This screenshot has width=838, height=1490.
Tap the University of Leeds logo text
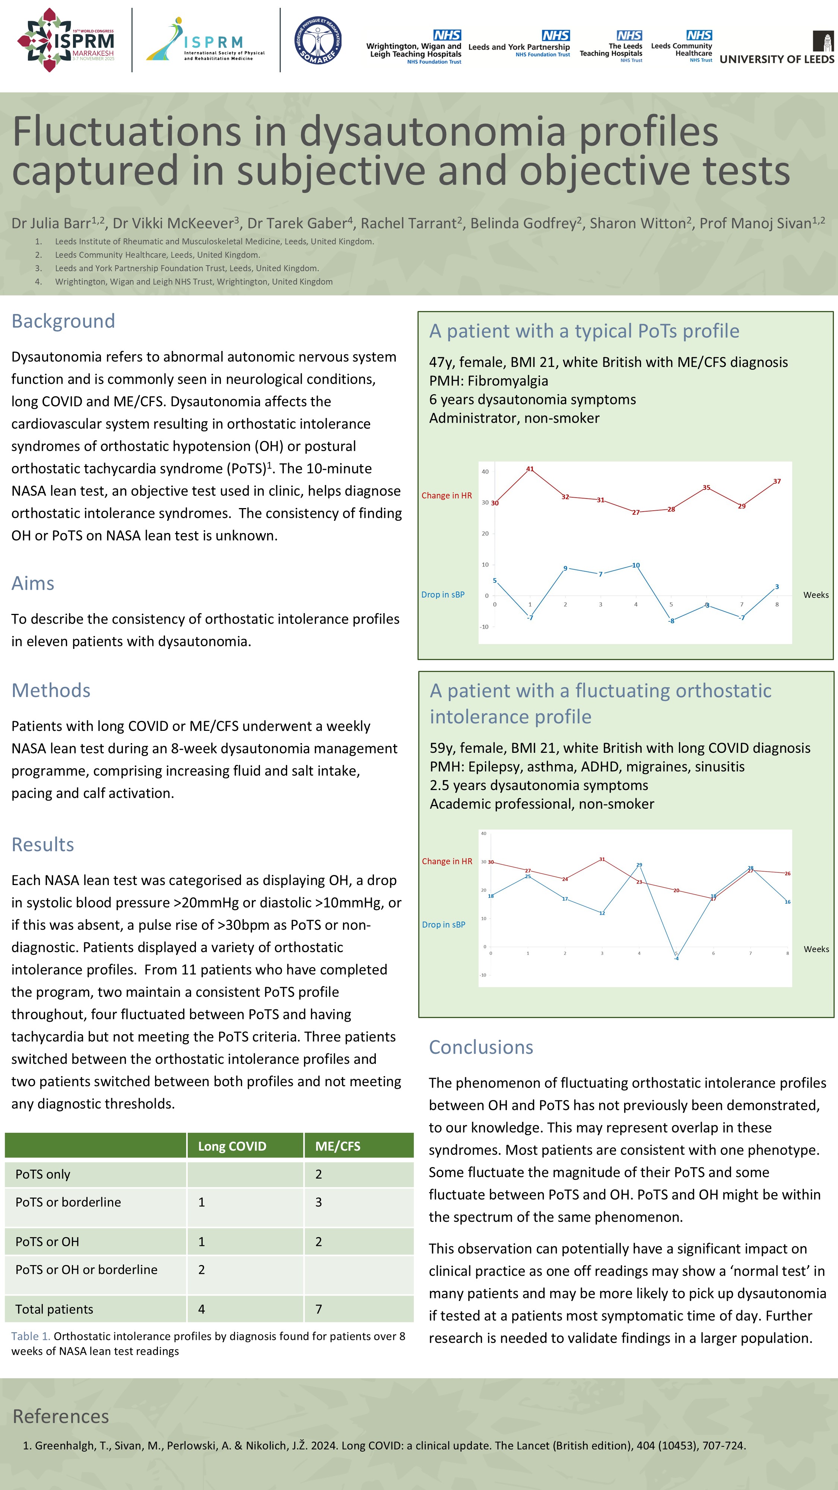[x=776, y=59]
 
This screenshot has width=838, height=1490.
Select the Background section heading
[x=63, y=321]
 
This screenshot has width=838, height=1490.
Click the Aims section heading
[x=33, y=583]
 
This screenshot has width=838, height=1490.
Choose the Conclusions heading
[x=480, y=1047]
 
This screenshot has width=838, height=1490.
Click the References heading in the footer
[x=61, y=1416]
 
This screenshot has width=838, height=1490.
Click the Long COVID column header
[x=232, y=1146]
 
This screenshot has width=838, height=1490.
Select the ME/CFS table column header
[x=338, y=1146]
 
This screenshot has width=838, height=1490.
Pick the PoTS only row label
[x=43, y=1174]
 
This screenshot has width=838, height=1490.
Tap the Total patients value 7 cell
[x=319, y=1309]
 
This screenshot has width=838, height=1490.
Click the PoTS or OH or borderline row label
[x=86, y=1269]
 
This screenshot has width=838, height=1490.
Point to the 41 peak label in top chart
[x=530, y=469]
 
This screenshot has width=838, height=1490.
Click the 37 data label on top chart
[x=777, y=481]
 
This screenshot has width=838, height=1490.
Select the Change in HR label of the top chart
[x=447, y=496]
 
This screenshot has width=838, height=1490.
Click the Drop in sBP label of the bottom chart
[x=444, y=924]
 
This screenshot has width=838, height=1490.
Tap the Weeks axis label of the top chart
[x=815, y=595]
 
